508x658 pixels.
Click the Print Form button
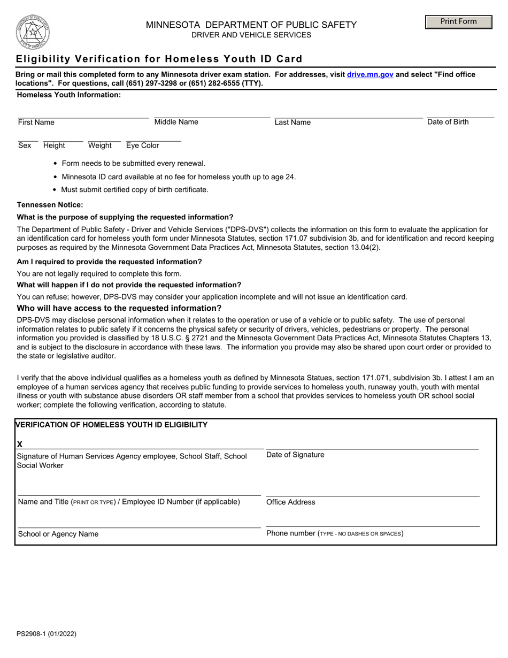pos(458,22)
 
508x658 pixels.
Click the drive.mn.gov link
pos(370,75)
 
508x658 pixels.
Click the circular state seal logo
pos(33,32)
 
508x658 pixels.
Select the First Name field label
pos(36,123)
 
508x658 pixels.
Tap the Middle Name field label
pos(176,122)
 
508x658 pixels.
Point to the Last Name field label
pos(293,123)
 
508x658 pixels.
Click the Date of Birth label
pos(448,122)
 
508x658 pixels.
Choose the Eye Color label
pos(142,146)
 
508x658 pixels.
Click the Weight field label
pos(100,146)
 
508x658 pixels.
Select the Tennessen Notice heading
pos(50,205)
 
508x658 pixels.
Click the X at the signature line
pos(20,444)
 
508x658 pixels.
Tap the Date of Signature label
pos(295,455)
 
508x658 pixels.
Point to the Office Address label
pos(290,502)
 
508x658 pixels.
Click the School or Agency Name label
pos(58,534)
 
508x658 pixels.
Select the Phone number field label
pos(335,533)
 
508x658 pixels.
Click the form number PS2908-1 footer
pos(47,634)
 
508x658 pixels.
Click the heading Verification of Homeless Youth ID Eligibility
pos(112,425)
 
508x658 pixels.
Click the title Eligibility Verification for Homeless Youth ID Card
pos(159,59)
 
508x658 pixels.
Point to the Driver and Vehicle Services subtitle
pos(251,35)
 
